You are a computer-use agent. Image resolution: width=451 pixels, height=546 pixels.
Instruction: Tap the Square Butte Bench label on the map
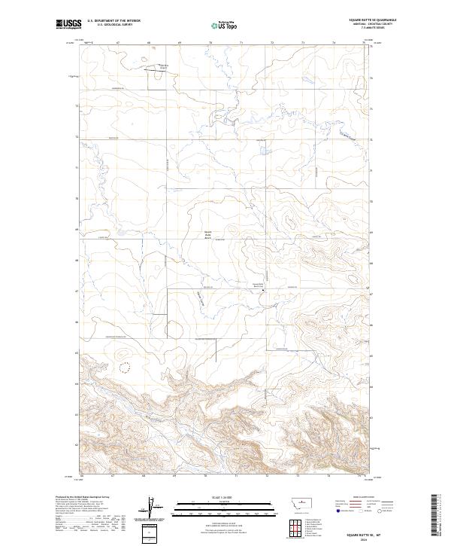pos(210,234)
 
